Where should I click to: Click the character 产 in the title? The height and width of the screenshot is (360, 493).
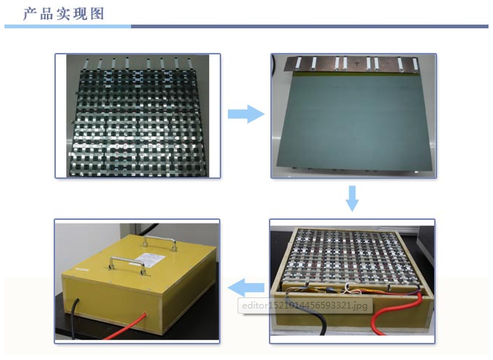[x=31, y=14]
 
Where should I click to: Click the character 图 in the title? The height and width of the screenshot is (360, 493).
[x=97, y=14]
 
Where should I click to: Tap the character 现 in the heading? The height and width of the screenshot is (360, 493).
[x=80, y=14]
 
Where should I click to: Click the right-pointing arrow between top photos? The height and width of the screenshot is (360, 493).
[x=246, y=114]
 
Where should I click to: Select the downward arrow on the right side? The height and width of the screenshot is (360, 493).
[x=352, y=198]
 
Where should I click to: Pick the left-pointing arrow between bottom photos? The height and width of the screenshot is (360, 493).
[x=246, y=288]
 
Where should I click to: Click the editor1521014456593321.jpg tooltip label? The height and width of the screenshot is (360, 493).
[x=305, y=306]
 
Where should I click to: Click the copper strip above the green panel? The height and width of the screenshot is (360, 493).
[x=352, y=64]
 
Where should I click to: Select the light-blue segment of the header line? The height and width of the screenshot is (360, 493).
[x=68, y=26]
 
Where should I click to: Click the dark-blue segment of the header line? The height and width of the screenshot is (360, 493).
[x=310, y=26]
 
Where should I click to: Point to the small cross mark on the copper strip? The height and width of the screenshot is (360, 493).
[x=357, y=63]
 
